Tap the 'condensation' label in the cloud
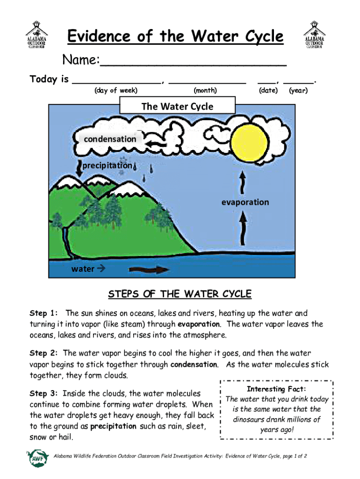click(x=110, y=139)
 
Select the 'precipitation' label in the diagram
click(x=107, y=166)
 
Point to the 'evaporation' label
click(x=245, y=202)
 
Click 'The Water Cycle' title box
click(x=177, y=106)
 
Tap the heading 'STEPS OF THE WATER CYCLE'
click(x=180, y=294)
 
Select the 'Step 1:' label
click(x=44, y=313)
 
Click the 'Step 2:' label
click(x=44, y=353)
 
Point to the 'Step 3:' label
click(x=44, y=394)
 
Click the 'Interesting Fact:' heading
click(x=277, y=389)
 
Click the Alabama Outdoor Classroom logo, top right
click(x=316, y=34)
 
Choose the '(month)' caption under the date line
click(x=205, y=91)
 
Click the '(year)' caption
click(x=298, y=91)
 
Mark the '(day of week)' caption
click(x=115, y=91)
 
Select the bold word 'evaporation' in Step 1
click(x=198, y=324)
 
